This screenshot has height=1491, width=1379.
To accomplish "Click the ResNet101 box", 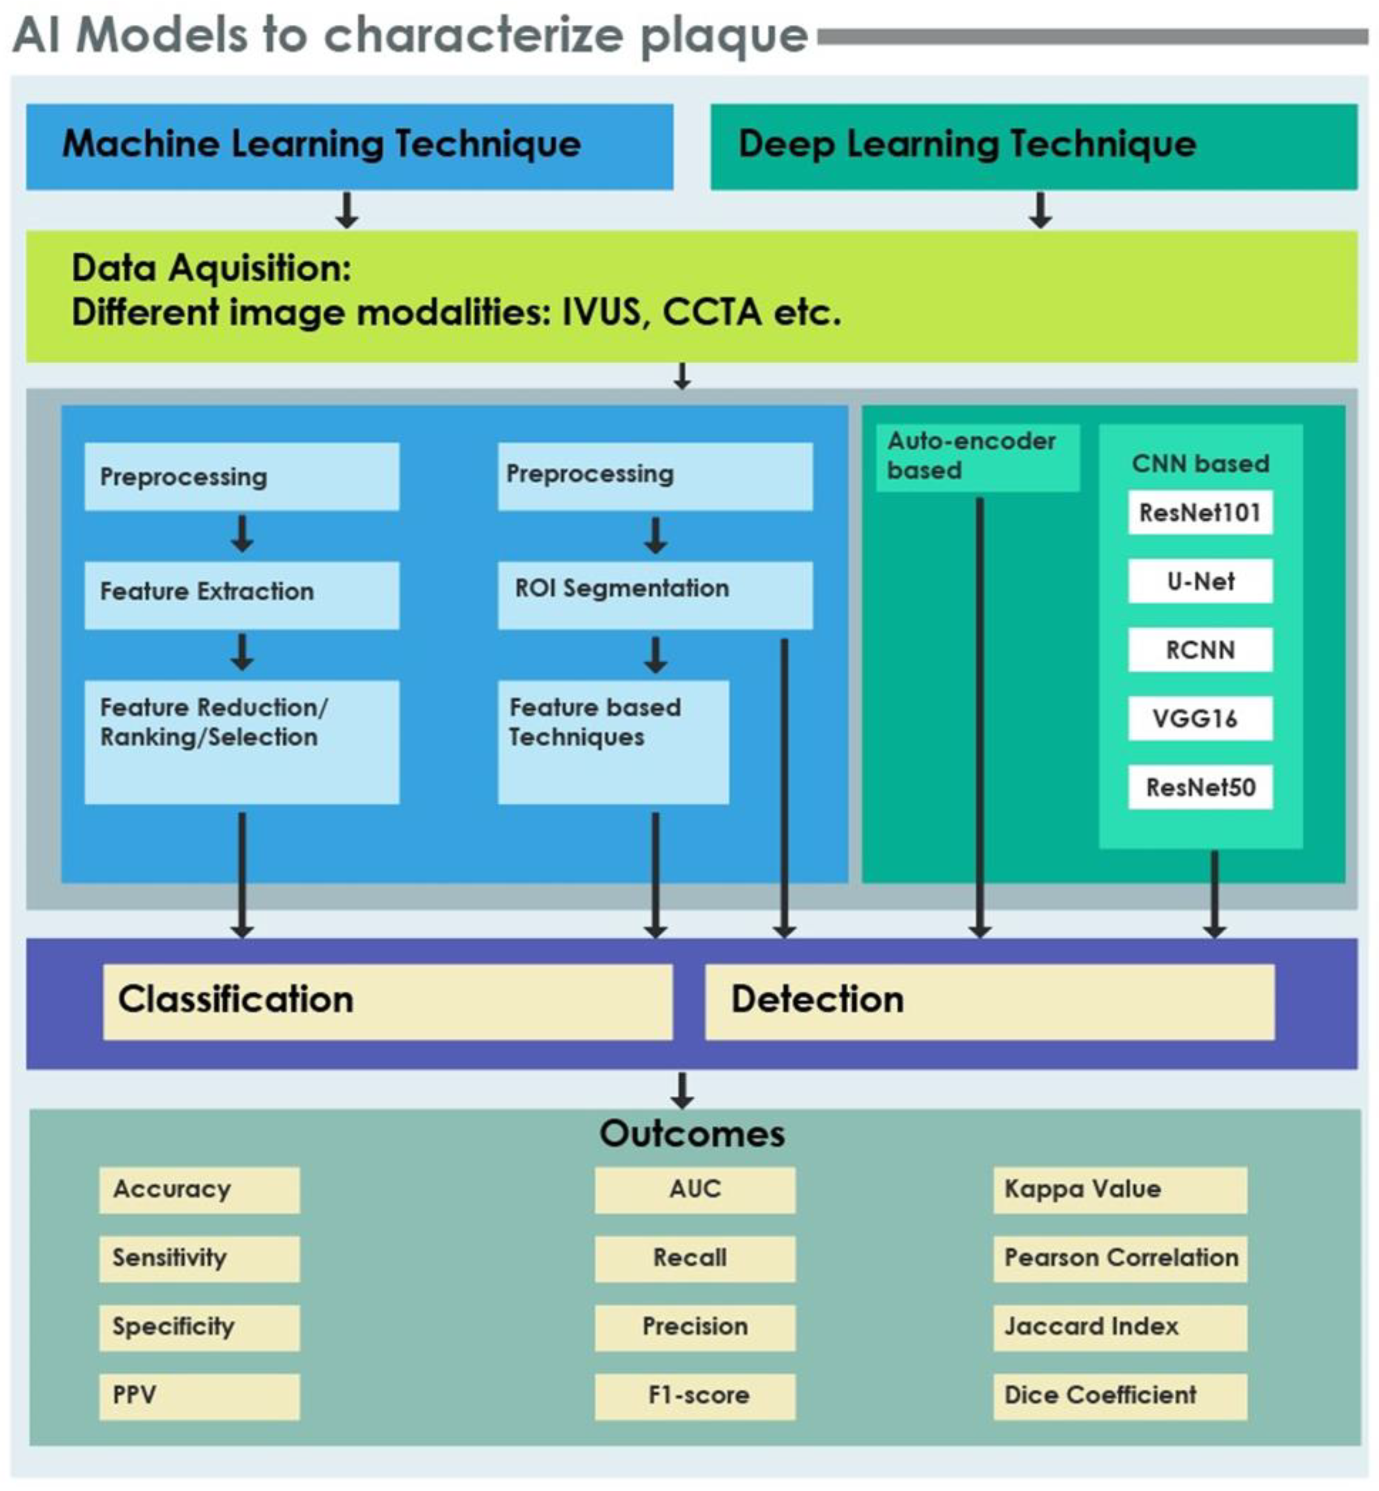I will click(x=1200, y=512).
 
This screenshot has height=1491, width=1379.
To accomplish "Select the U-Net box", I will click(x=1200, y=581).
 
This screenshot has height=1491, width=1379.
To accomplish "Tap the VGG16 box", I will click(x=1200, y=718).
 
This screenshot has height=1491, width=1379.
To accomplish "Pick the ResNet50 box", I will click(x=1200, y=787).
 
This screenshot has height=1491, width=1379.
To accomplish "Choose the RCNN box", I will click(x=1200, y=650).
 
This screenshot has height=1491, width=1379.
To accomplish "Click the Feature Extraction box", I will click(x=242, y=595).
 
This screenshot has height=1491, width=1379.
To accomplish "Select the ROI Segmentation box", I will click(x=655, y=595).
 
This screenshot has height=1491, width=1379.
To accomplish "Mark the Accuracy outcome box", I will click(x=199, y=1190).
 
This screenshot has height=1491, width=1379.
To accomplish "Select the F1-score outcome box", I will click(x=694, y=1395).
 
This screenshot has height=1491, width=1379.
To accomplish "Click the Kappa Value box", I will click(x=1119, y=1190).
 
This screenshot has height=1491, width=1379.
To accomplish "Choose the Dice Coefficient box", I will click(x=1119, y=1395).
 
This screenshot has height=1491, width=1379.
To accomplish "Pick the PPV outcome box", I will click(x=199, y=1395).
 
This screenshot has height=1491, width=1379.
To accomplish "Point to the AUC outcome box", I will click(x=694, y=1190).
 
